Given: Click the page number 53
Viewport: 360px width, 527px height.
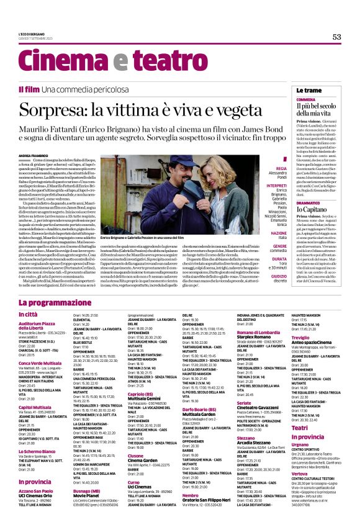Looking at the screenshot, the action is click(336, 37).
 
